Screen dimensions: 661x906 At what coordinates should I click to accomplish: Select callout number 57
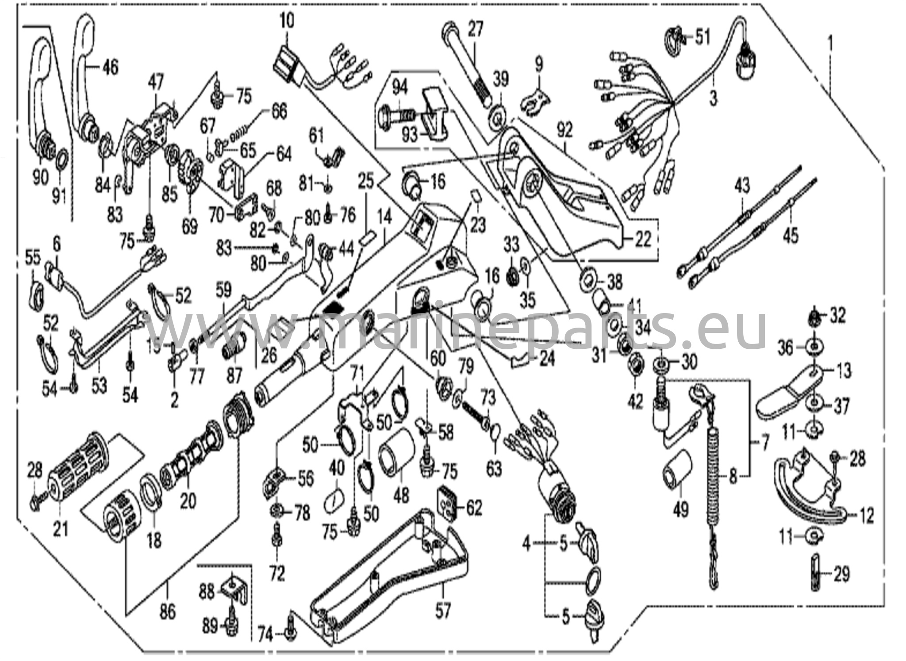442,611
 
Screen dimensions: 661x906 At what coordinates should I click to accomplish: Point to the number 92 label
565,131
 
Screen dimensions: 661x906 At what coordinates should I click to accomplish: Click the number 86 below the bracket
168,612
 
